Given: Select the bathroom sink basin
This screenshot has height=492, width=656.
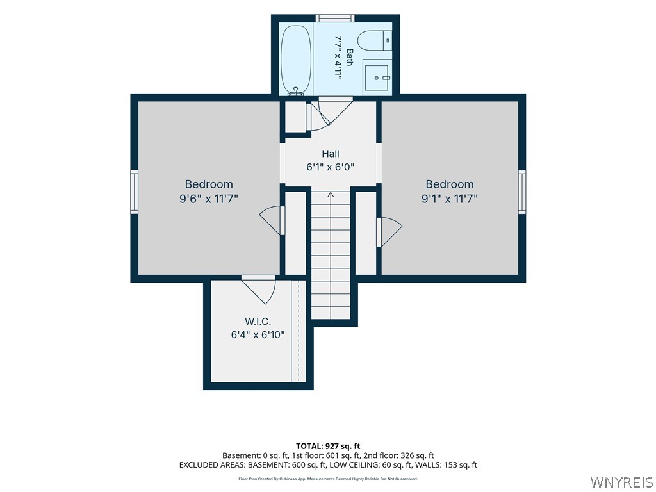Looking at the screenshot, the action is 376,78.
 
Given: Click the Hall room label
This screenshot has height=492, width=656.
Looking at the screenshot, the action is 331,154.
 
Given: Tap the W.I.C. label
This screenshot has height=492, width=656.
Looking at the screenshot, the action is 258,322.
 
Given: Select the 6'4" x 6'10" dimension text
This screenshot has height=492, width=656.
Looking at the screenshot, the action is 258,334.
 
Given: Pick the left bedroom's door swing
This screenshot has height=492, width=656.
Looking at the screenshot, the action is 271,220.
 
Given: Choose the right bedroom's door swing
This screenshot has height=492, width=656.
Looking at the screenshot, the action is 389,232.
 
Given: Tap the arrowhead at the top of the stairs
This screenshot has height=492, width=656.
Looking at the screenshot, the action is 331,194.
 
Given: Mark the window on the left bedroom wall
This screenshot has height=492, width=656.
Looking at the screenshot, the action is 135,192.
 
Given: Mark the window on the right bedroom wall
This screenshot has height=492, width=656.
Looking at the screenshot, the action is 522,192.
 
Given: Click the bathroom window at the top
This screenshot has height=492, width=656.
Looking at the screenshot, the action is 334,18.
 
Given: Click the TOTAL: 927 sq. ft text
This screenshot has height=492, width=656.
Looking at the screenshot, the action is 328,446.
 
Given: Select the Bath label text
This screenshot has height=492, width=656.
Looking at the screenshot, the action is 350,57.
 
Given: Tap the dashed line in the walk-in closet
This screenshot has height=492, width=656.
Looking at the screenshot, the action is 299,331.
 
